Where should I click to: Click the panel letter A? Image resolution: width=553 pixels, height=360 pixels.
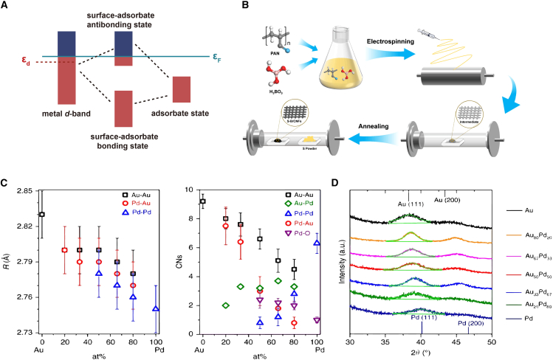(x=7, y=6)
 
